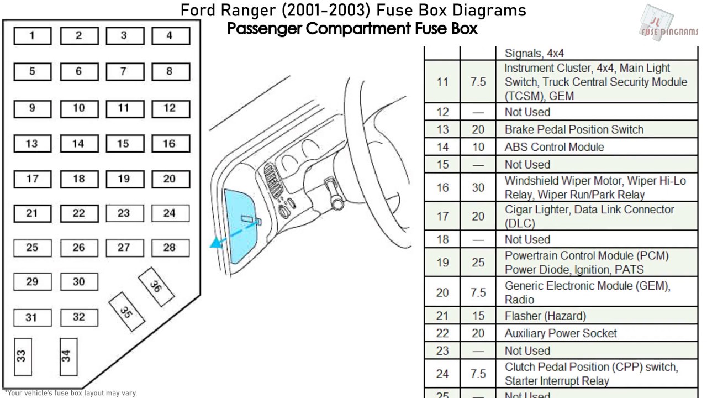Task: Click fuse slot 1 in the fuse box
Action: tap(33, 36)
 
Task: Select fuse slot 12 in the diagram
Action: tap(171, 109)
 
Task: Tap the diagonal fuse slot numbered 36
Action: tap(156, 287)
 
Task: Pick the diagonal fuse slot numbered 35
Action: tap(126, 312)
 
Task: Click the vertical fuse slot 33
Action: tap(23, 357)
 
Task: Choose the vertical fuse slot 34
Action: tap(68, 357)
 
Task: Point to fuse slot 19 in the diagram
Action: tap(125, 179)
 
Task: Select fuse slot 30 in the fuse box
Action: tap(79, 282)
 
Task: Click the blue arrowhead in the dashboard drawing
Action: tap(217, 243)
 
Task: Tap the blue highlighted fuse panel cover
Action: tap(240, 226)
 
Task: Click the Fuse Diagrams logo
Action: tap(669, 23)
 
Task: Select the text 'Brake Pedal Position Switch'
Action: tap(574, 129)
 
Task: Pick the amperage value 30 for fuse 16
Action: tap(478, 187)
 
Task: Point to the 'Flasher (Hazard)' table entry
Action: tap(545, 316)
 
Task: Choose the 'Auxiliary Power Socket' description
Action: tap(561, 333)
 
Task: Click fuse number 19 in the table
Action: tap(442, 263)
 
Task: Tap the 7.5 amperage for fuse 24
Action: tap(478, 374)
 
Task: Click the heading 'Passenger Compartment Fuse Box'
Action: tap(352, 28)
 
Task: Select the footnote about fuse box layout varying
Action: tap(71, 393)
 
